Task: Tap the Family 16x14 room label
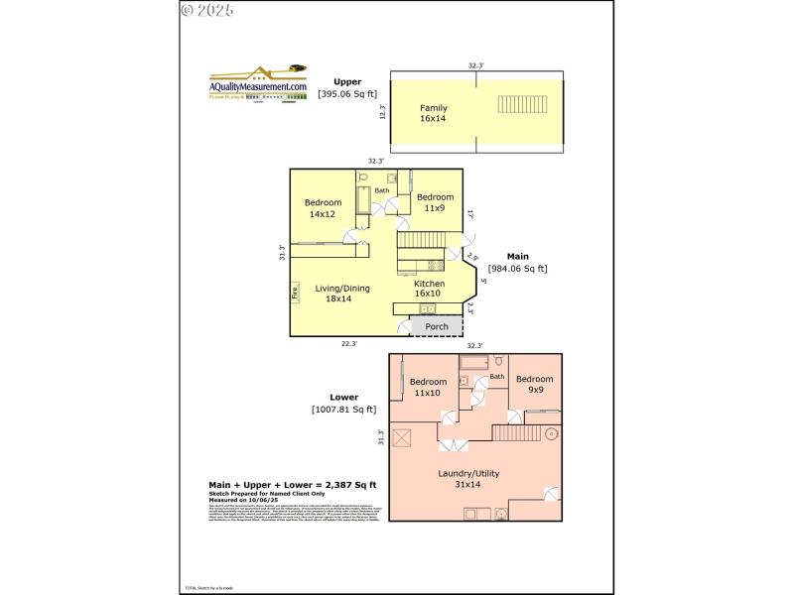coord(433,113)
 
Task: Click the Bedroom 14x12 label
coord(324,208)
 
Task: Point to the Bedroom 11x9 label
coord(435,202)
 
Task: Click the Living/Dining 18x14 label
coord(342,294)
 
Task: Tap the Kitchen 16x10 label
coord(429,289)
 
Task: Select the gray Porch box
coord(436,326)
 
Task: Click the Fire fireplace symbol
coord(295,293)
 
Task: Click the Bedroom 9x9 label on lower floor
coord(535,384)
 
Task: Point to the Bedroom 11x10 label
coord(428,387)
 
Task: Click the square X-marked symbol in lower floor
coord(403,437)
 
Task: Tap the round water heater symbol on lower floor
coord(550,433)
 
